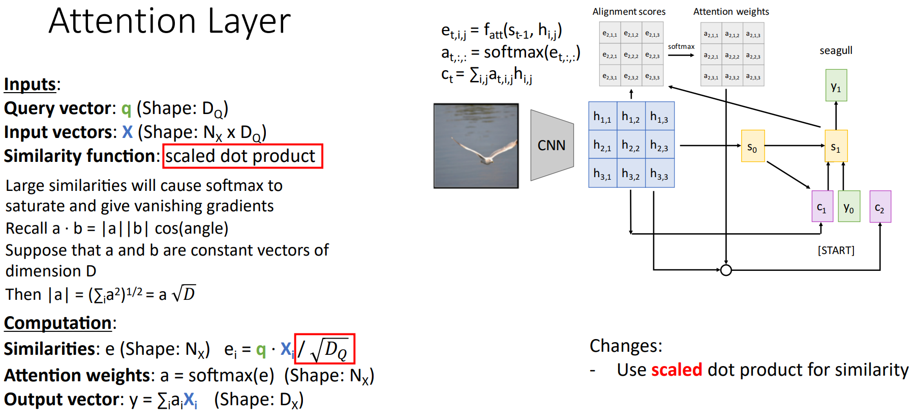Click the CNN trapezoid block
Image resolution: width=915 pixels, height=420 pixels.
(552, 145)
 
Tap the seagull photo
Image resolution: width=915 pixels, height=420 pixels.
(476, 146)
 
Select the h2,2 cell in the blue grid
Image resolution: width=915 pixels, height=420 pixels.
(631, 146)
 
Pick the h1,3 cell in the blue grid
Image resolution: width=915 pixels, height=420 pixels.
(659, 117)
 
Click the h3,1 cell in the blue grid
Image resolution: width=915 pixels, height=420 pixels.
(602, 174)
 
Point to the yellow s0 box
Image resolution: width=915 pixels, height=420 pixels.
(752, 146)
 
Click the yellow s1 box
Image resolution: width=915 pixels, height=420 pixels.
(836, 146)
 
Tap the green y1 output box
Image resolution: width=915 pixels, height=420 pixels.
(836, 86)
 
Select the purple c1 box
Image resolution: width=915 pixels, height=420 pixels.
(822, 206)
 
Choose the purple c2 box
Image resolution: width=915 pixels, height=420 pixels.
(880, 206)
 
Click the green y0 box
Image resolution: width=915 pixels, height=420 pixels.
(849, 206)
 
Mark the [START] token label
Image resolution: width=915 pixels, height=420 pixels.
(836, 250)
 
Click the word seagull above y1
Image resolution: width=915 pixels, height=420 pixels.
(836, 50)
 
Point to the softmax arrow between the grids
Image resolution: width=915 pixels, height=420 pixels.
(681, 54)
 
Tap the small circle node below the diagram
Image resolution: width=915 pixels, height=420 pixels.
(726, 270)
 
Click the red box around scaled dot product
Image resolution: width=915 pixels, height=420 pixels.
(242, 156)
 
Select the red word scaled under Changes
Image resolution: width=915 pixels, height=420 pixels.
(677, 370)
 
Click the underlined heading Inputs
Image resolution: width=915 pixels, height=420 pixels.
(30, 84)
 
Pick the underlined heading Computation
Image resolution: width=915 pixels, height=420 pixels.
(58, 323)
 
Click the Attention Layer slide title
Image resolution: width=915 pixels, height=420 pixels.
(170, 21)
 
